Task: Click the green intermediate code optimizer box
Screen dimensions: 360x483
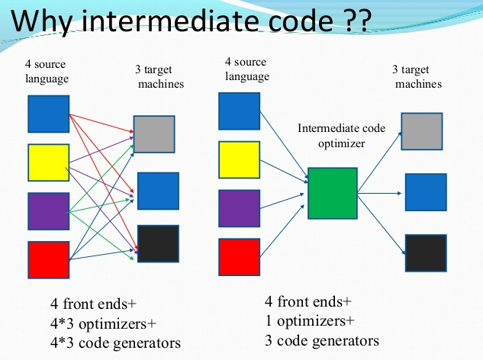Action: [x=332, y=193]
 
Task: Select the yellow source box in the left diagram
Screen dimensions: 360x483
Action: [x=49, y=162]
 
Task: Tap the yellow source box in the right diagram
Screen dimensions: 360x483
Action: [x=240, y=159]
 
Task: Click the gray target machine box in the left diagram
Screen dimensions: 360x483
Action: [x=154, y=134]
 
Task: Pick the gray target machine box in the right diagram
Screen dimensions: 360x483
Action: [x=422, y=131]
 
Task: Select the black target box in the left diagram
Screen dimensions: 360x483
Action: [x=158, y=244]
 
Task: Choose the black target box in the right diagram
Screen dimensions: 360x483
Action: [x=426, y=253]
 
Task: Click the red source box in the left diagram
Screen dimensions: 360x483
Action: [x=49, y=259]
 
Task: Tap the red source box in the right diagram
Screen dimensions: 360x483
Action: [x=240, y=257]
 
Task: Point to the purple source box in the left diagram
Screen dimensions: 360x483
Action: [x=49, y=211]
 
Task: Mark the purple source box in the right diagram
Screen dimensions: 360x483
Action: [x=240, y=208]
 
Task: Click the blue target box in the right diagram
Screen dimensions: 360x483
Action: [x=426, y=192]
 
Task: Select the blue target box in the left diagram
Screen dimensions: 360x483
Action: [x=158, y=191]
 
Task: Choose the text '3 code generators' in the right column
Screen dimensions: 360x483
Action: [x=321, y=339]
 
